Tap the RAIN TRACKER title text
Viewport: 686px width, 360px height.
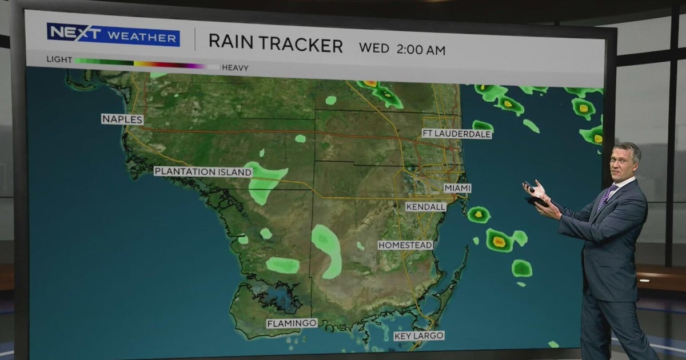pyautogui.click(x=276, y=43)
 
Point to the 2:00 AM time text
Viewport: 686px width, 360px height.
pyautogui.click(x=420, y=49)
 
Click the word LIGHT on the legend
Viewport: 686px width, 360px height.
pyautogui.click(x=59, y=59)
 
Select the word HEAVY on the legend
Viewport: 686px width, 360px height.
pyautogui.click(x=235, y=67)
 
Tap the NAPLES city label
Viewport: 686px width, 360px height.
pyautogui.click(x=122, y=119)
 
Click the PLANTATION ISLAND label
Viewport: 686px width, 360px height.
pyautogui.click(x=203, y=171)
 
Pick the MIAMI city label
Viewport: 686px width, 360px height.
pyautogui.click(x=457, y=188)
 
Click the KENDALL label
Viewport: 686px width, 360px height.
pyautogui.click(x=426, y=207)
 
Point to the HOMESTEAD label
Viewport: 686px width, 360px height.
pyautogui.click(x=405, y=245)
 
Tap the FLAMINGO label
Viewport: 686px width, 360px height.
pyautogui.click(x=292, y=323)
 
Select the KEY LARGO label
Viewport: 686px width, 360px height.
pyautogui.click(x=419, y=336)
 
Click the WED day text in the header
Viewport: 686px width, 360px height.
pyautogui.click(x=374, y=49)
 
